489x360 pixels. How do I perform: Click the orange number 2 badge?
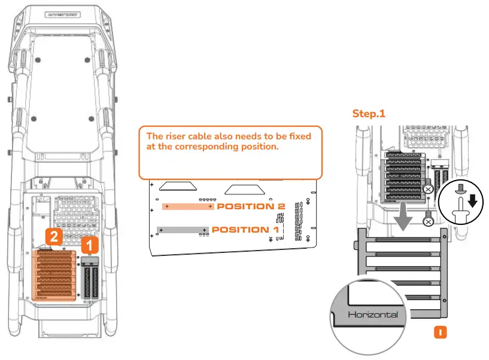[x=54, y=237]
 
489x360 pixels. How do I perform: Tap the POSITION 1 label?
[x=245, y=230]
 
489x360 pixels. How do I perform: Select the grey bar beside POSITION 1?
[x=182, y=230]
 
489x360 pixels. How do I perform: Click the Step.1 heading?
[x=368, y=114]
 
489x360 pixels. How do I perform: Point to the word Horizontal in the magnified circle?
[x=372, y=314]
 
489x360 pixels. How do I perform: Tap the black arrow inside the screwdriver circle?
[x=472, y=202]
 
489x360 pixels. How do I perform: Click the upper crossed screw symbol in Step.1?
[x=428, y=190]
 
